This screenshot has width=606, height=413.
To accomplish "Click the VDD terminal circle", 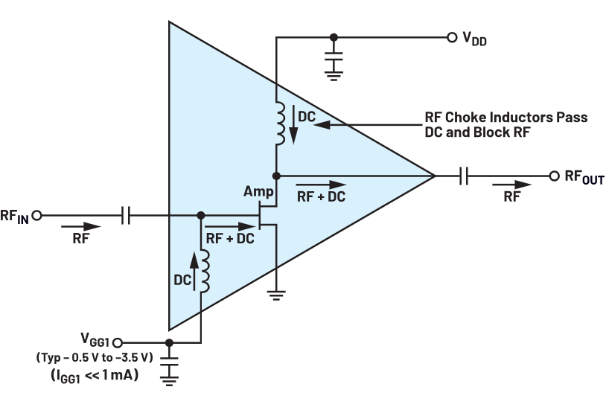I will coord(451,36).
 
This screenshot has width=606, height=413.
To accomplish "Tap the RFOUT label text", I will coord(584,177).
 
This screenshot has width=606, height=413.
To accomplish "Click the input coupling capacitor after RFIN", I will coord(126,216).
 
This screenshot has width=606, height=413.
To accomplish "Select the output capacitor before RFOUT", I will coord(464,176).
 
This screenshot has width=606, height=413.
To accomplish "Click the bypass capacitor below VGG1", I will coord(170,366).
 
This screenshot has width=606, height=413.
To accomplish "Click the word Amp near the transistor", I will coord(258,192).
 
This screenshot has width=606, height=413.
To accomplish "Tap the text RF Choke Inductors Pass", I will coord(505,118).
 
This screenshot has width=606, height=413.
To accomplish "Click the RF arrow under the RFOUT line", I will coord(513,185).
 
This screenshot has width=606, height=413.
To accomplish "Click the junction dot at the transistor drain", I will coord(276,176).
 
